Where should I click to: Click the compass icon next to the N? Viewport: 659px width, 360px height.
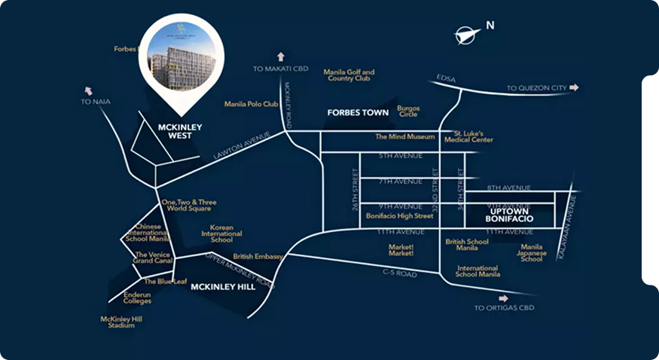click(x=468, y=34)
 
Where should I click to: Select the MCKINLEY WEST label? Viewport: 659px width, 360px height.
click(x=179, y=131)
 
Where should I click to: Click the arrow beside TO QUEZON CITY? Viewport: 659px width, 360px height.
click(x=575, y=88)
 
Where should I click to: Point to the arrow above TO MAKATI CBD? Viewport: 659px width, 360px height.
click(x=281, y=56)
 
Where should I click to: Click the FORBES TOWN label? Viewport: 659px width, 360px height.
click(x=358, y=113)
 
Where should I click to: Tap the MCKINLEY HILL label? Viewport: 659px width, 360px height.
click(x=221, y=287)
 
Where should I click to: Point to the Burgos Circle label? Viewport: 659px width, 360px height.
click(x=408, y=111)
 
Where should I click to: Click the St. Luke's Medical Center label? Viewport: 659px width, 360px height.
click(x=473, y=136)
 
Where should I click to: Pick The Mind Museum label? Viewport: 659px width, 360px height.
click(x=405, y=137)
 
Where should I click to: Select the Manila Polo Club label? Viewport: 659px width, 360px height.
click(x=252, y=104)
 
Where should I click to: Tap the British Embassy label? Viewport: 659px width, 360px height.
click(x=258, y=257)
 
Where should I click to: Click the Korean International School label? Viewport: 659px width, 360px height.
click(x=221, y=233)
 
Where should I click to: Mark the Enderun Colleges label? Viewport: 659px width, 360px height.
click(x=138, y=297)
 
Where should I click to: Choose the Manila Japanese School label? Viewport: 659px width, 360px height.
click(x=532, y=253)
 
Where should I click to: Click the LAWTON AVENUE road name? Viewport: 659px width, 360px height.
click(x=241, y=145)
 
